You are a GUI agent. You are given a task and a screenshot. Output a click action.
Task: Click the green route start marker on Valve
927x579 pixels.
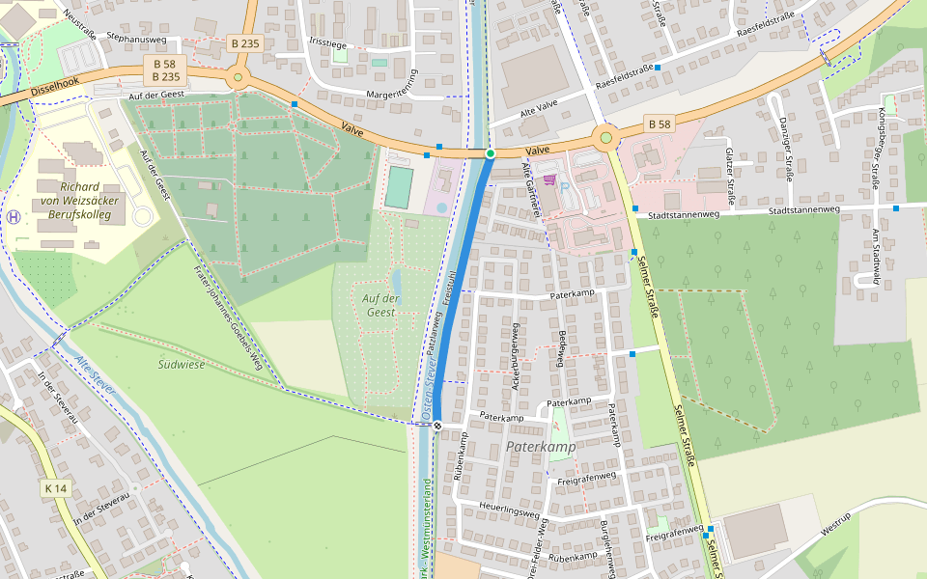pyautogui.click(x=490, y=153)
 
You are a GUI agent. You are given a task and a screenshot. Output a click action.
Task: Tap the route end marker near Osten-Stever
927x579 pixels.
pyautogui.click(x=437, y=425)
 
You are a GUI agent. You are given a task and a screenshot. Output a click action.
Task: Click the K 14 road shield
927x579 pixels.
pyautogui.click(x=56, y=489)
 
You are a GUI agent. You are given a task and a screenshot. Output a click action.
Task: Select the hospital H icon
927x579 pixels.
pyautogui.click(x=14, y=217)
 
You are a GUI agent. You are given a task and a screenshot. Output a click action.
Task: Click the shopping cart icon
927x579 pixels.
pyautogui.click(x=549, y=179)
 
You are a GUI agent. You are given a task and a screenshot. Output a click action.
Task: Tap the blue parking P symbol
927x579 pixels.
pyautogui.click(x=564, y=187)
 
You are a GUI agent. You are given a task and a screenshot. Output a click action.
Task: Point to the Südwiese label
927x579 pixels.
pyautogui.click(x=181, y=364)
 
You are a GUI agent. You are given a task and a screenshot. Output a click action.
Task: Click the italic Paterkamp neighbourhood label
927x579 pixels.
pyautogui.click(x=541, y=448)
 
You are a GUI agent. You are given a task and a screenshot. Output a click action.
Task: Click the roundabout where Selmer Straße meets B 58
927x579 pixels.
pyautogui.click(x=606, y=138)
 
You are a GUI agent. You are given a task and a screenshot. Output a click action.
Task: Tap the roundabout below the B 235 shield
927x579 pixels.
pyautogui.click(x=238, y=79)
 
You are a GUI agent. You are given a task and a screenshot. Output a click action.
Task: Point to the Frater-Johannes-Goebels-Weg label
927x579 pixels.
pyautogui.click(x=228, y=317)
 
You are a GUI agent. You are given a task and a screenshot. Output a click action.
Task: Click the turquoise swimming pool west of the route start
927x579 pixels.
pyautogui.click(x=398, y=187)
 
